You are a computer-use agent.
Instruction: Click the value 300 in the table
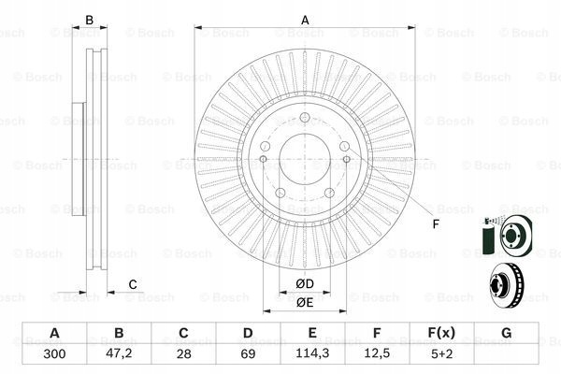[54, 354]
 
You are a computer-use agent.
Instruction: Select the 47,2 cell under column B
[119, 353]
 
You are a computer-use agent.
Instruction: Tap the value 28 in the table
[183, 354]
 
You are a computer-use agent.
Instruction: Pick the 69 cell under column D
[248, 354]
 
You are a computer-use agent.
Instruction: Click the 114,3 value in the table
[312, 353]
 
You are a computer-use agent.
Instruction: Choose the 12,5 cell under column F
[377, 353]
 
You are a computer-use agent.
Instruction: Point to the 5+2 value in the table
[442, 354]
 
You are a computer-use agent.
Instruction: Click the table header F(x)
[441, 333]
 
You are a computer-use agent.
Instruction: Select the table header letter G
[506, 333]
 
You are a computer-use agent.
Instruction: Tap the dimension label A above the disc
[305, 20]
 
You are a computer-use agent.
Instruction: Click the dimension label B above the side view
[90, 20]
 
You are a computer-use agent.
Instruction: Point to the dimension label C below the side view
[133, 284]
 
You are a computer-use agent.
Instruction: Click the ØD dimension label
[305, 284]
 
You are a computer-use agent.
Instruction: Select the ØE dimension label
[305, 302]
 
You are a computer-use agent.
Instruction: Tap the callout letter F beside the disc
[436, 224]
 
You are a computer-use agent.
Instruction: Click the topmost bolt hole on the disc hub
[305, 117]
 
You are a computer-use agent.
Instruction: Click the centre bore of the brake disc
[305, 159]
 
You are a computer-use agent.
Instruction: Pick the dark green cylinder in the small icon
[487, 239]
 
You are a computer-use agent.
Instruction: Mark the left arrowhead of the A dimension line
[198, 27]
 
